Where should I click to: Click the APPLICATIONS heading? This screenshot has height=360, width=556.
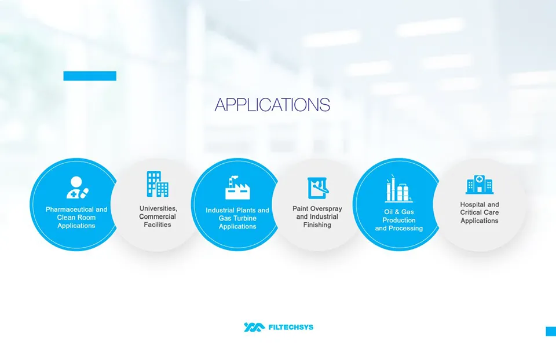point(272,105)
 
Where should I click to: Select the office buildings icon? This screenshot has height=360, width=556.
point(157,184)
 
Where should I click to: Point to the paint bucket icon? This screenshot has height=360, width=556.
point(317,188)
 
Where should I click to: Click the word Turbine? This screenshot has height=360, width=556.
point(246,218)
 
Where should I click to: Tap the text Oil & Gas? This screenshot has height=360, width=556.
point(399,212)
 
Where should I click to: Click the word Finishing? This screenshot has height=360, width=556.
point(317,225)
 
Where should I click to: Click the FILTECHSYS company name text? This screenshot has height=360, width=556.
point(291,328)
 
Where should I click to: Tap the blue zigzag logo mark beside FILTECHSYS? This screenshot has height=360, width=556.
point(254,328)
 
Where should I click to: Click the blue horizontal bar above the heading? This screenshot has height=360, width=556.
point(90,76)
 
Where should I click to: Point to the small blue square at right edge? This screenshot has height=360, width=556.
point(551,331)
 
